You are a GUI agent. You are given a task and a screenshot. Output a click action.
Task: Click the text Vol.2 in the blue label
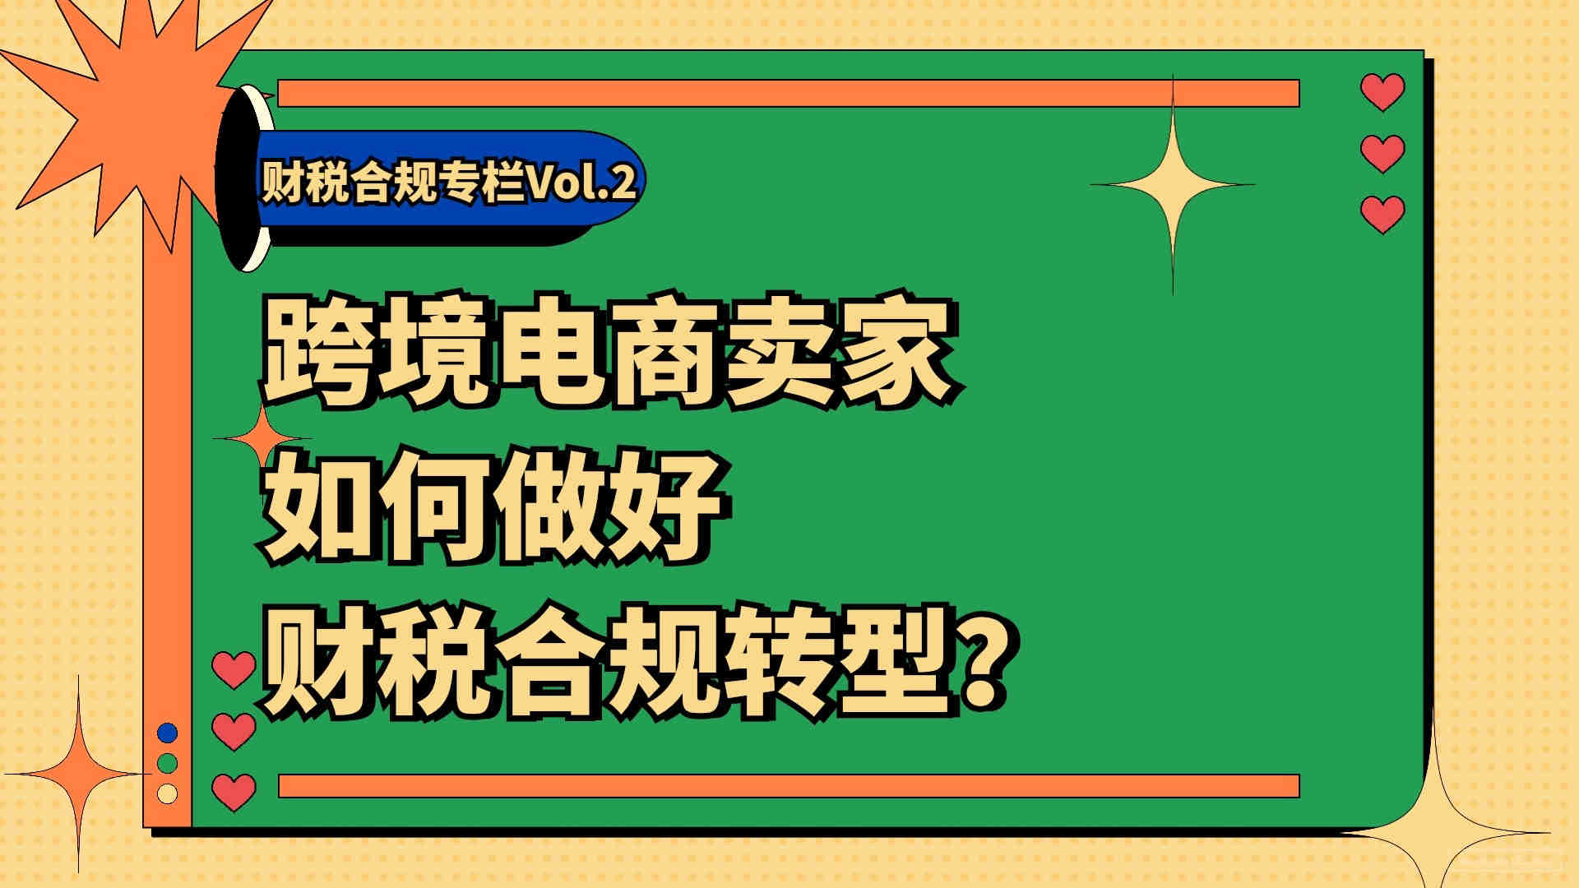[x=581, y=183]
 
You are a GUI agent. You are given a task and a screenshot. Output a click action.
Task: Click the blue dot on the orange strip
[x=168, y=733]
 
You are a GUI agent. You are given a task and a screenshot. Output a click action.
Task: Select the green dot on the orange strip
[x=168, y=763]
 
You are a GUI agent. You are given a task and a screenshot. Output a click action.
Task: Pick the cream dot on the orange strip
[x=168, y=793]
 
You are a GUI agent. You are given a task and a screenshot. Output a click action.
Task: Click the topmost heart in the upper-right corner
[x=1382, y=91]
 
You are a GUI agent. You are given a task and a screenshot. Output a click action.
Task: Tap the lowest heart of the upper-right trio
[x=1382, y=214]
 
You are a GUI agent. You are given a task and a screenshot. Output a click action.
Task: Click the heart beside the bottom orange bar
[x=234, y=793]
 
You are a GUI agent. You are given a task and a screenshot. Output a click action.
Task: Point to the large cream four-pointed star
[x=1173, y=184]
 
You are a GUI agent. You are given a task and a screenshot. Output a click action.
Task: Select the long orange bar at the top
[x=789, y=93]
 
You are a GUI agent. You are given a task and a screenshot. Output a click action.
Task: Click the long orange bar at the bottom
[x=789, y=786]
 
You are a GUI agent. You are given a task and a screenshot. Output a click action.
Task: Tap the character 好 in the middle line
[x=666, y=506]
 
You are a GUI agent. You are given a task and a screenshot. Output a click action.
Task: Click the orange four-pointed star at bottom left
[x=79, y=773]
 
